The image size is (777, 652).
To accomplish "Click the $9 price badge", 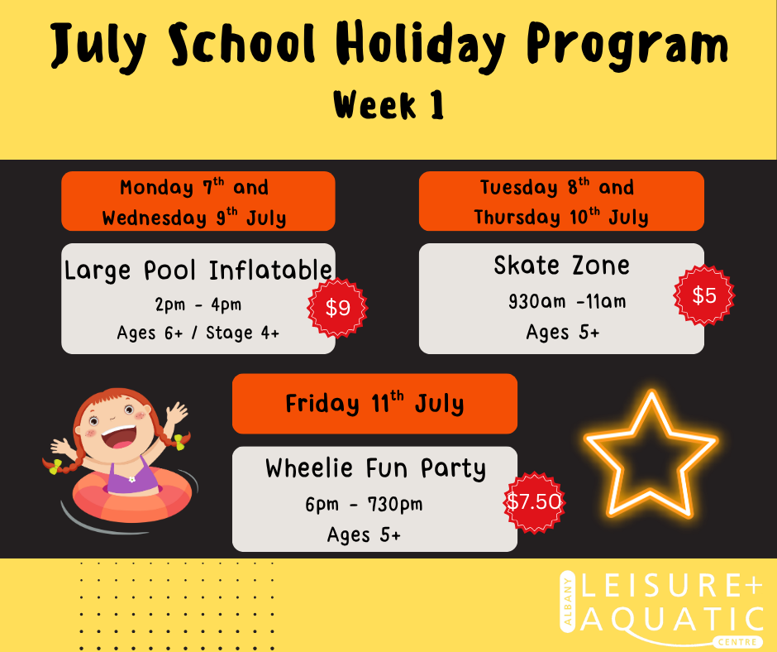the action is point(337,308).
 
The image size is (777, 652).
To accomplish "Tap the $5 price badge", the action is point(703,295).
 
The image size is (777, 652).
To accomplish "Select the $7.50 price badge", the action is point(534,502).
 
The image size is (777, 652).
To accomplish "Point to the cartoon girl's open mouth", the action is point(119,437).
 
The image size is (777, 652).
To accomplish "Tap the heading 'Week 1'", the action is point(388,105).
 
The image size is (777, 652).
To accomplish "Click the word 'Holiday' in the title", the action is point(421,46).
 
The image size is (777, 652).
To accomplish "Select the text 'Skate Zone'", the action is point(561,265).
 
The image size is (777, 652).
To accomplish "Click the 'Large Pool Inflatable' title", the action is point(198,271).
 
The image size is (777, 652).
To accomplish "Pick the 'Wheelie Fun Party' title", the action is point(375,468).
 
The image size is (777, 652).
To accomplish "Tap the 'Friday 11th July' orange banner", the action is point(374,404).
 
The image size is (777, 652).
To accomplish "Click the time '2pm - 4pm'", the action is point(198,304).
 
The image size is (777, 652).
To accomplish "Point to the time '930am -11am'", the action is point(567,301).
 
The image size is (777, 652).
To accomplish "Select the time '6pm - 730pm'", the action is point(364,504).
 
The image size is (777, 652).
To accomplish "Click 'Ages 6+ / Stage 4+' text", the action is point(198,333).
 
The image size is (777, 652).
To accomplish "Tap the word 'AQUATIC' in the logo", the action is point(672,620).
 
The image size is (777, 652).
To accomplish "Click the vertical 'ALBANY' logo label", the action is point(567,602).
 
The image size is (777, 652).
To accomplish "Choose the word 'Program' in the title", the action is point(627,46).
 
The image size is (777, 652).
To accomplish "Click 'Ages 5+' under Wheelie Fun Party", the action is point(364,535).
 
